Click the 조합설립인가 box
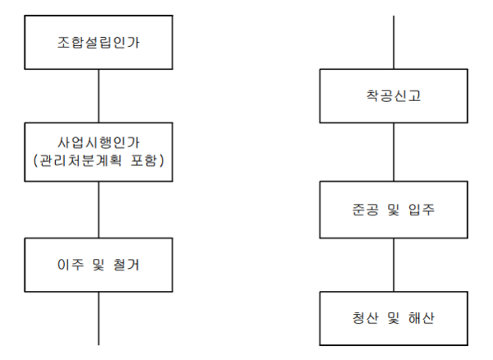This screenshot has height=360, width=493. pos(99,42)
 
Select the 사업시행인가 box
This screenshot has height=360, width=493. pos(99,152)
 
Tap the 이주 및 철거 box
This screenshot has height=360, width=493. pos(99,265)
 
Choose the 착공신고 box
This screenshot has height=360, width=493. pos(394,96)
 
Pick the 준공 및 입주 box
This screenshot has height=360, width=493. pos(394,210)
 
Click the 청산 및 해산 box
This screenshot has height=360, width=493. pos(394,318)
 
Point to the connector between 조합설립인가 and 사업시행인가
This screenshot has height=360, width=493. pos(99,96)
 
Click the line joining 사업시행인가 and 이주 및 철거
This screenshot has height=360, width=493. pos(99,210)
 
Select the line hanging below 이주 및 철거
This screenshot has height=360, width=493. pos(99,319)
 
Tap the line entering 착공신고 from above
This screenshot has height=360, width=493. pos(394,42)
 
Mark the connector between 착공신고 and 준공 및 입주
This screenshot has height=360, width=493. pos(394,152)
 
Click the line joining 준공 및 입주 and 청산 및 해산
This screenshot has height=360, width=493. pos(394,265)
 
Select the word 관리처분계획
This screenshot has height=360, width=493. pos(80,160)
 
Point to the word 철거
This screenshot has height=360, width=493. pos(126,265)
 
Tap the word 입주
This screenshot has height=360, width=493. pos(422,210)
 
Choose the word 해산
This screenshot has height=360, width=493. pos(422,318)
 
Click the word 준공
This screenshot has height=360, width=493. pos(366,210)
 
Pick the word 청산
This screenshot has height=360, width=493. pos(366,318)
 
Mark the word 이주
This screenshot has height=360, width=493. pos(71,265)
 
